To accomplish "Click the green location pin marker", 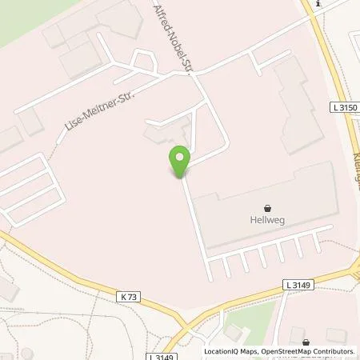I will pos(179,161).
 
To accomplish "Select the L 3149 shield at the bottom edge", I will pos(160,356).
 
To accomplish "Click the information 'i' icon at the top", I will pos(319,4).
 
